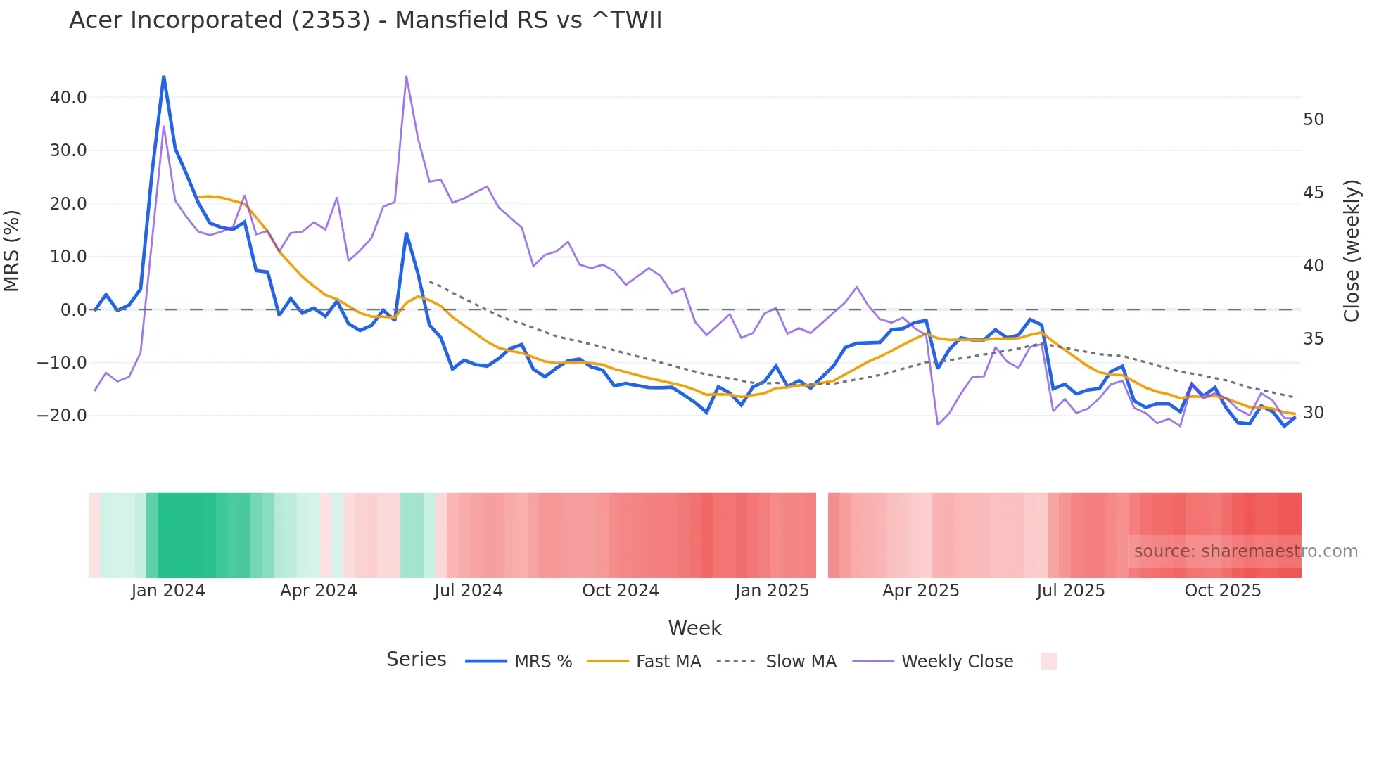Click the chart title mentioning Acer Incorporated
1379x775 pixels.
point(365,20)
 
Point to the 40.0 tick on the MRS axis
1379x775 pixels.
point(68,98)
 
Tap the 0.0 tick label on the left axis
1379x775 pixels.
point(73,310)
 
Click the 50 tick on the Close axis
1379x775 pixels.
point(1313,120)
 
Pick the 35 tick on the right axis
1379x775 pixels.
point(1313,339)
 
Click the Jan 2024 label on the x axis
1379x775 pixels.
point(168,591)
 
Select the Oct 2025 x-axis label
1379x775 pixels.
point(1222,591)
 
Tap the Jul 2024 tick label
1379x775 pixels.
point(468,591)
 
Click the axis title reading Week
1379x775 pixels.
point(694,628)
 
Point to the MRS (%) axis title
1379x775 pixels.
point(12,251)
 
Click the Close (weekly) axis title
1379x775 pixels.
point(1351,251)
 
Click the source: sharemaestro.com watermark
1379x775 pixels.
point(1245,551)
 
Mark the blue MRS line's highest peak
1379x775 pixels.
point(164,77)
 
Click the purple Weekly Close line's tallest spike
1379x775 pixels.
point(407,77)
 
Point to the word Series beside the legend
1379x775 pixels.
point(416,660)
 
